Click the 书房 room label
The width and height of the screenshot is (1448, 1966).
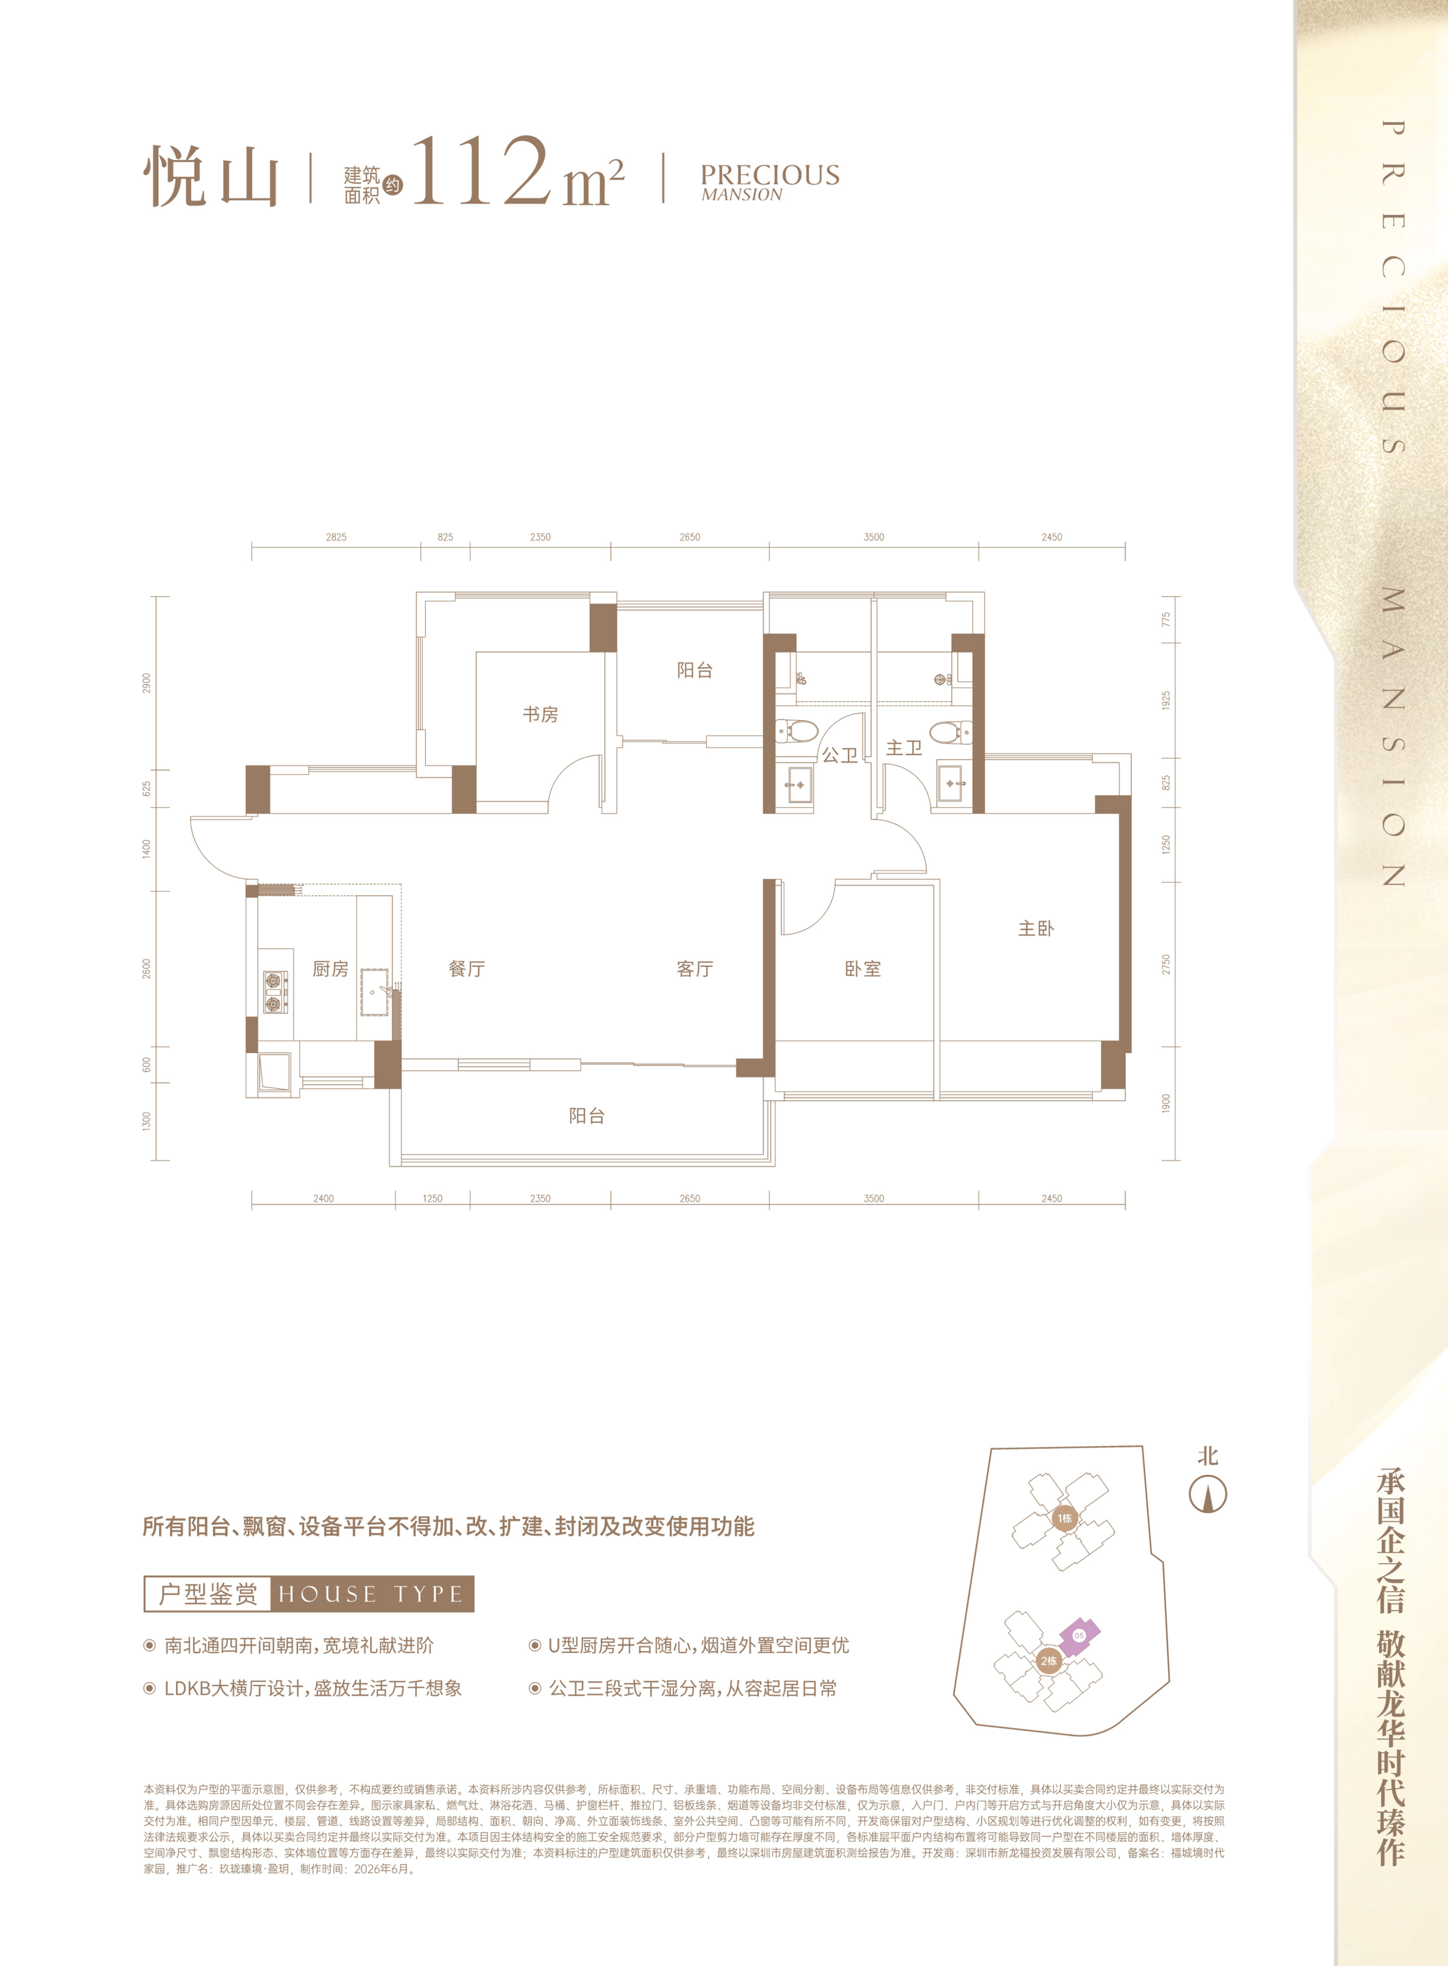click(540, 714)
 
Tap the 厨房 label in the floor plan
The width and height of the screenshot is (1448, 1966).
click(330, 969)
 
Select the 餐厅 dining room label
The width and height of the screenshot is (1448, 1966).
click(466, 969)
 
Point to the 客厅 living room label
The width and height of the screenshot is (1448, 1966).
click(695, 969)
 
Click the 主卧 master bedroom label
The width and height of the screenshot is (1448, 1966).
click(1036, 928)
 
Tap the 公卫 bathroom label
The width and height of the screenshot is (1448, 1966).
click(840, 755)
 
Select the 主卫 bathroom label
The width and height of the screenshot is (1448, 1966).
click(903, 748)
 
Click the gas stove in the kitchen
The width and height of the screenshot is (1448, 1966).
click(275, 992)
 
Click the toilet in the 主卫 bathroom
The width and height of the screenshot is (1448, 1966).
click(950, 732)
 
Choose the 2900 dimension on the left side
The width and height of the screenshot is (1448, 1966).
click(146, 683)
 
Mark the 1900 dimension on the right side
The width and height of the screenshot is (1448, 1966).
click(1166, 1103)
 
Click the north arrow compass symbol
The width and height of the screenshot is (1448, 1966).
click(1208, 1495)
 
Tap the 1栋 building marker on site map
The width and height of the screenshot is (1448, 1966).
click(1064, 1518)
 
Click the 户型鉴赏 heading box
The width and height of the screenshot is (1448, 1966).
click(208, 1594)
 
